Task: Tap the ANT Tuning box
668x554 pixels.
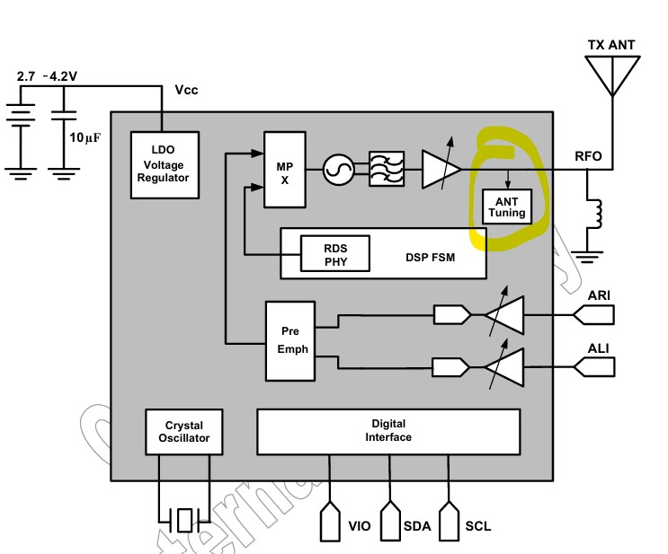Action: click(507, 207)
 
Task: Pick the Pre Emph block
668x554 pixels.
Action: click(289, 340)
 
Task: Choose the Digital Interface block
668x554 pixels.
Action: click(388, 431)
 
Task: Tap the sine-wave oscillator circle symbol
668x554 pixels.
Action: click(339, 169)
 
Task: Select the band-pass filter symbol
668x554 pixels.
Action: click(387, 169)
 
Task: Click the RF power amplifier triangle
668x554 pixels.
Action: click(441, 169)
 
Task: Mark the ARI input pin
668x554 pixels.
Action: click(593, 314)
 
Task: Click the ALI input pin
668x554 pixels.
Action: click(593, 366)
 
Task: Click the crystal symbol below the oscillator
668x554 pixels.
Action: click(184, 519)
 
